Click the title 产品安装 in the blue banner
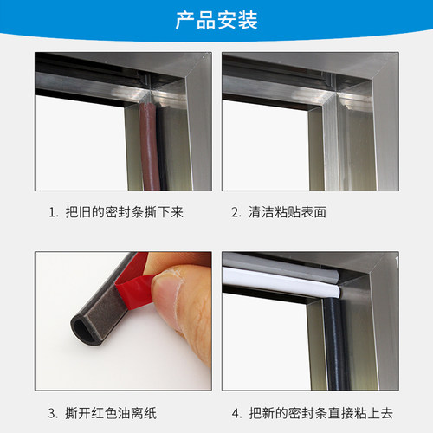pyautogui.click(x=216, y=20)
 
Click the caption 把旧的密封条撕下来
pyautogui.click(x=125, y=212)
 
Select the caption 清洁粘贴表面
pyautogui.click(x=288, y=212)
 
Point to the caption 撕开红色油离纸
pyautogui.click(x=111, y=413)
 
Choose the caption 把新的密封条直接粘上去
pyautogui.click(x=321, y=413)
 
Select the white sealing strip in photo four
pyautogui.click(x=281, y=281)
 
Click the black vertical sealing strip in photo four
pyautogui.click(x=336, y=344)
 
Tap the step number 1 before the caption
pyautogui.click(x=52, y=212)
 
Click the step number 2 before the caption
pyautogui.click(x=236, y=212)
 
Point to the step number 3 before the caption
pyautogui.click(x=52, y=413)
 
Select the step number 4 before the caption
pyautogui.click(x=236, y=413)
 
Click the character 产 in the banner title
pyautogui.click(x=185, y=20)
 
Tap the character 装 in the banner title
pyautogui.click(x=248, y=20)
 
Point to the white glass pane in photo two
pyautogui.click(x=266, y=145)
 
